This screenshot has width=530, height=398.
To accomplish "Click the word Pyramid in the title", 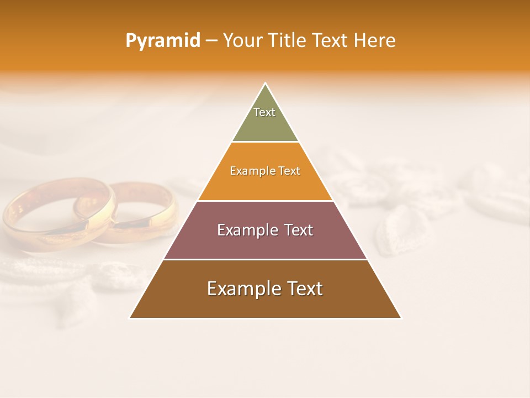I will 162,40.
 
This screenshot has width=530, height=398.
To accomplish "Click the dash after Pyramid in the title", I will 211,41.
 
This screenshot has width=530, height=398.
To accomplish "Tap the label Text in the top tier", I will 264,112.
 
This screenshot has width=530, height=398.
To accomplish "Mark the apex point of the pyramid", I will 265,83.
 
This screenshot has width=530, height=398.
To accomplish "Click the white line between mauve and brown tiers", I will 265,259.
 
